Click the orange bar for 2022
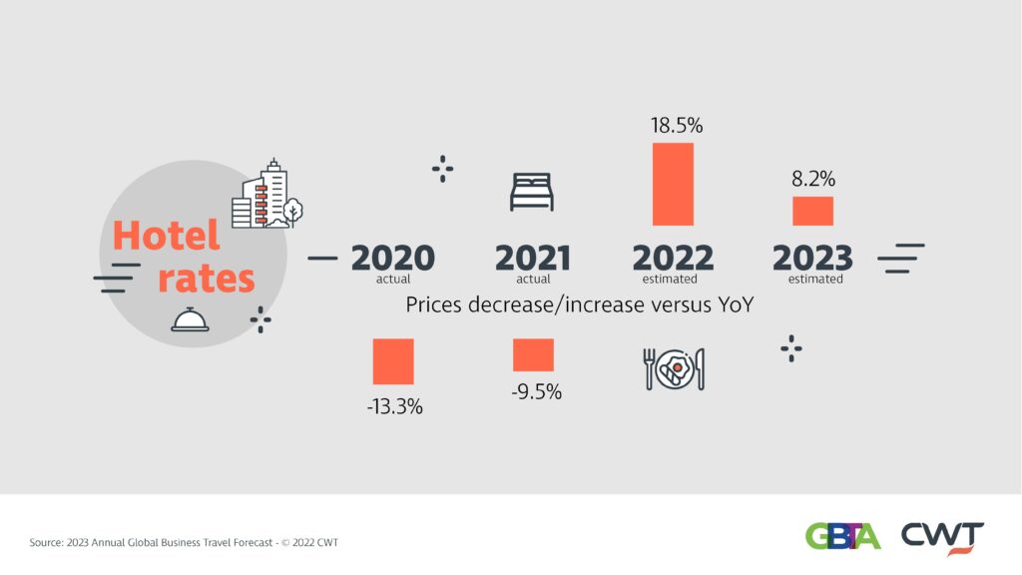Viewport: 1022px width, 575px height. point(673,184)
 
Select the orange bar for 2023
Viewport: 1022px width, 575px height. point(812,211)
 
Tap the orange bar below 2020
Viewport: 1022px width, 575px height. point(393,361)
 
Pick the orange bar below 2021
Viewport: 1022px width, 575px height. point(533,355)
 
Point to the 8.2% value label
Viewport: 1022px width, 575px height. point(813,180)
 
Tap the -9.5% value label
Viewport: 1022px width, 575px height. point(536,392)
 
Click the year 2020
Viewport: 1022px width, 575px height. point(392,258)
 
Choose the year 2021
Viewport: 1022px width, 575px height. point(533,258)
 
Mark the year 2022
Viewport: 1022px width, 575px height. point(673,258)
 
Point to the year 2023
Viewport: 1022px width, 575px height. point(812,258)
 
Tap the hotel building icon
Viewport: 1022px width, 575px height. point(265,195)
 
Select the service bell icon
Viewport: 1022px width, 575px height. point(189,318)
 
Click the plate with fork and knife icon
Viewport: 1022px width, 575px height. point(674,369)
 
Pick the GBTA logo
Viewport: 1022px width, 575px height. point(842,536)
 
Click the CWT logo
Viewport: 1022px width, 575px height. point(943,536)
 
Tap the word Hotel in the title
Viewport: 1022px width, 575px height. point(166,237)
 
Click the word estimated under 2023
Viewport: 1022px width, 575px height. point(815,280)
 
